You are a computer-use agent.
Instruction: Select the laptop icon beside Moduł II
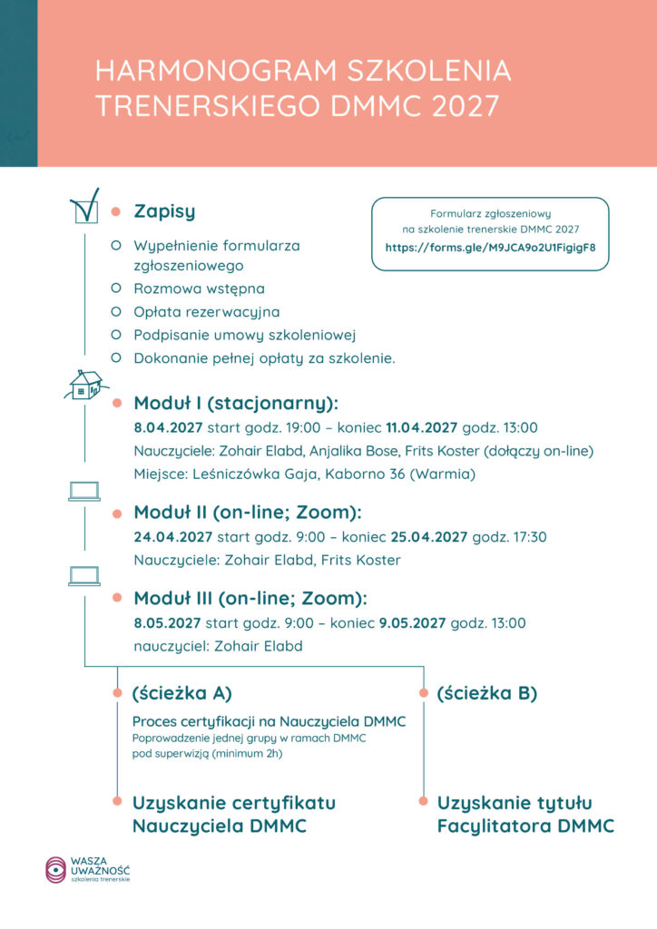tap(83, 492)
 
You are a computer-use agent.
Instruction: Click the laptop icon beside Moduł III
tap(83, 576)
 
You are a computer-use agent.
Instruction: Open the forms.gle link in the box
tap(490, 247)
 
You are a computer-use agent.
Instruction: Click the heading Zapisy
tap(164, 211)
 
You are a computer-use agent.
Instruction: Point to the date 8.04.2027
tap(168, 427)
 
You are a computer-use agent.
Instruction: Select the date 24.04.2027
tap(172, 537)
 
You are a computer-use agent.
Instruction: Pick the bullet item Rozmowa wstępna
tap(199, 288)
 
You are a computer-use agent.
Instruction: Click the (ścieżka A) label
tap(181, 693)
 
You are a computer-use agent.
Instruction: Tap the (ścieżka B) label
tap(486, 693)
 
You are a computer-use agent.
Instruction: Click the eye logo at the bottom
tap(55, 869)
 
